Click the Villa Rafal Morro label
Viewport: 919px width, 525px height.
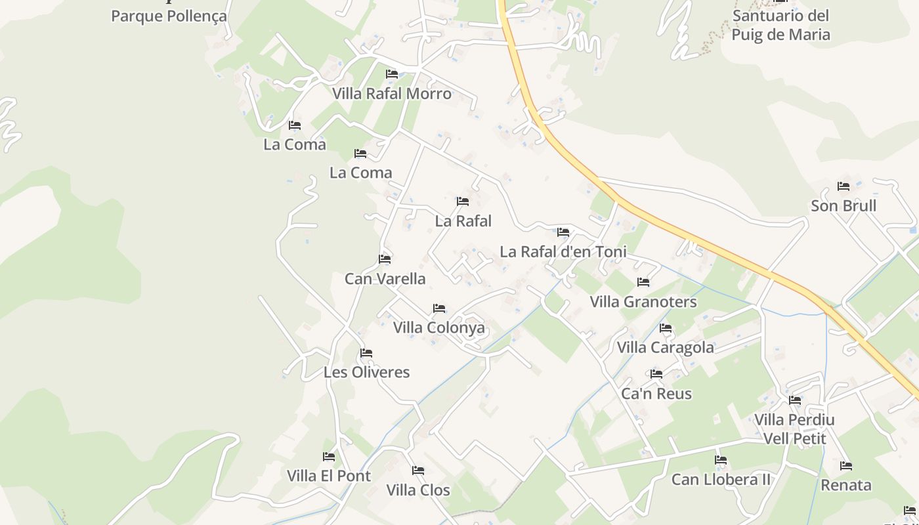392,94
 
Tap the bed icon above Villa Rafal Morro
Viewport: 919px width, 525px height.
392,74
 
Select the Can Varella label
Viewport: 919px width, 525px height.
385,279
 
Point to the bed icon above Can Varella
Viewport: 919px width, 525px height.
385,259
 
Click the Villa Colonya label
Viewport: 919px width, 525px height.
439,328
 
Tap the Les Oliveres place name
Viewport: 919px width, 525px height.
366,373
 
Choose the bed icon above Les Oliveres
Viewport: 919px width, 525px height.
366,353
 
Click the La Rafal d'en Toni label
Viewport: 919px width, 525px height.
563,252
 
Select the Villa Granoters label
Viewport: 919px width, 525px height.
643,303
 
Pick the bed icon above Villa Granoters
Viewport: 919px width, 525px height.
643,282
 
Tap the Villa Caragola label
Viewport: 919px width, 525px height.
666,348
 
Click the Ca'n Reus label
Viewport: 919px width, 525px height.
656,394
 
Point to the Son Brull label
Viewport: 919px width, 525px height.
844,206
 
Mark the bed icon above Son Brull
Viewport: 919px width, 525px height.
844,186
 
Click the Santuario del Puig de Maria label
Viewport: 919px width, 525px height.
780,25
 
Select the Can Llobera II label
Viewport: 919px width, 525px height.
721,480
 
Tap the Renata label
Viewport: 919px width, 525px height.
846,486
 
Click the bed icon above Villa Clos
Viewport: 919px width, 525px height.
417,471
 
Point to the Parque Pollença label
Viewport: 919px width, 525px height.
169,16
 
